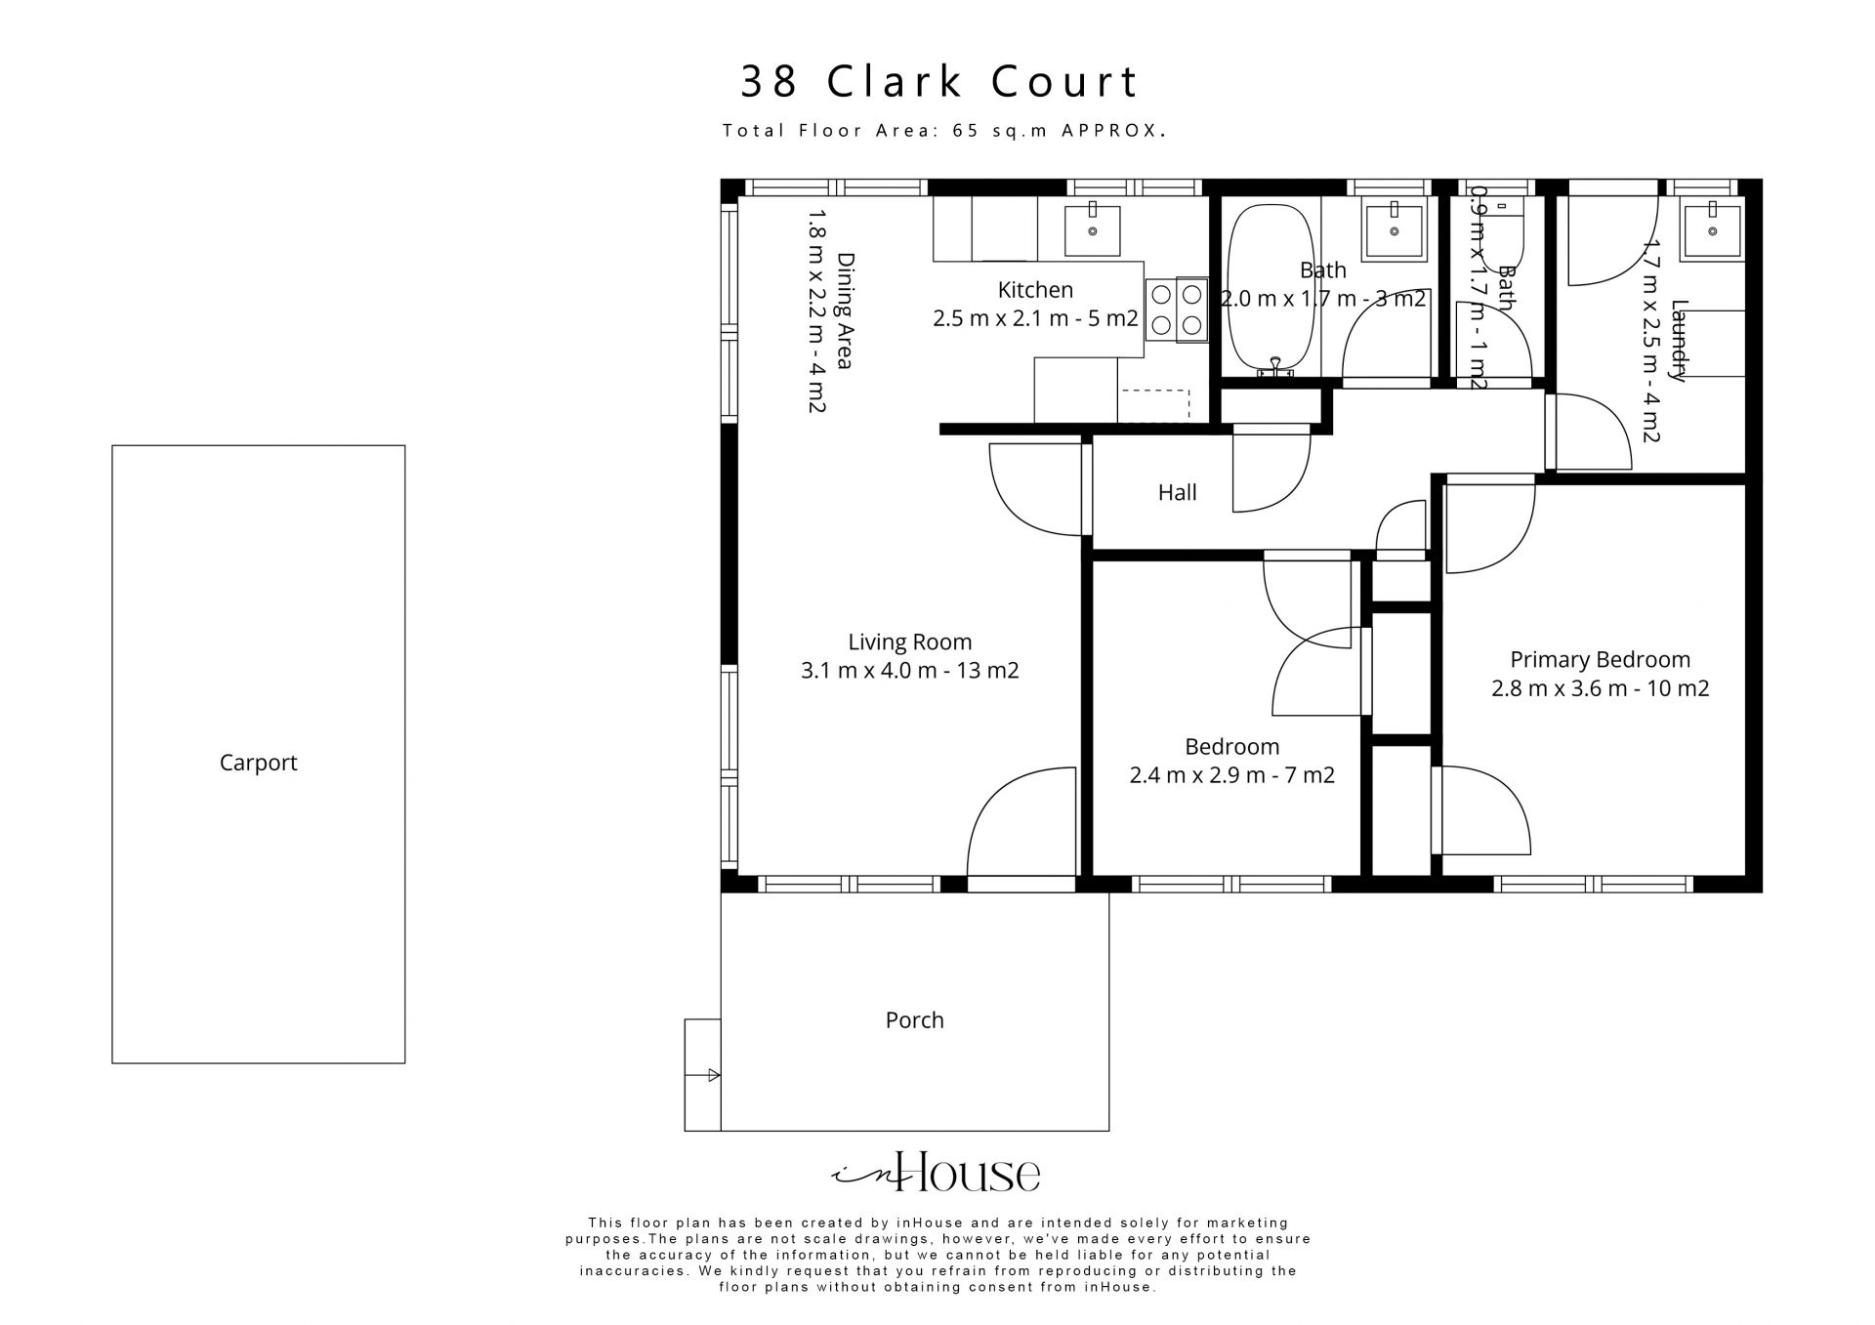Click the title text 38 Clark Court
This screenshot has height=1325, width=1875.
point(939,82)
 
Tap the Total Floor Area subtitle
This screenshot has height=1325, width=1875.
point(943,131)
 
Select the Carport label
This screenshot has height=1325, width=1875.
point(258,763)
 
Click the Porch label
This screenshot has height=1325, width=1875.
point(914,1020)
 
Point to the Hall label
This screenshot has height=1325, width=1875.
point(1177,493)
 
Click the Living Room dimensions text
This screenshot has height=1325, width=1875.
point(909,671)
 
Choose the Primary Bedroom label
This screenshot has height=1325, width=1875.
point(1600,659)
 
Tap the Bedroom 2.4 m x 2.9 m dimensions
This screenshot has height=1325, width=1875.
point(1231,775)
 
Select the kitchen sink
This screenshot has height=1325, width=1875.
point(1092,230)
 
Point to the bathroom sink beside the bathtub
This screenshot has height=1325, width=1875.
point(1393,230)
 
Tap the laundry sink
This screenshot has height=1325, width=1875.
point(1711,230)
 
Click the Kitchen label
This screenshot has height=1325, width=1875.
point(1035,290)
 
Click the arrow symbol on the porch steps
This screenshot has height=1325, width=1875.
point(713,1076)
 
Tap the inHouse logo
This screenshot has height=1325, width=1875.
point(936,1173)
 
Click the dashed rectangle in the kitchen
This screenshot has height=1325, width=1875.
point(1155,404)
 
